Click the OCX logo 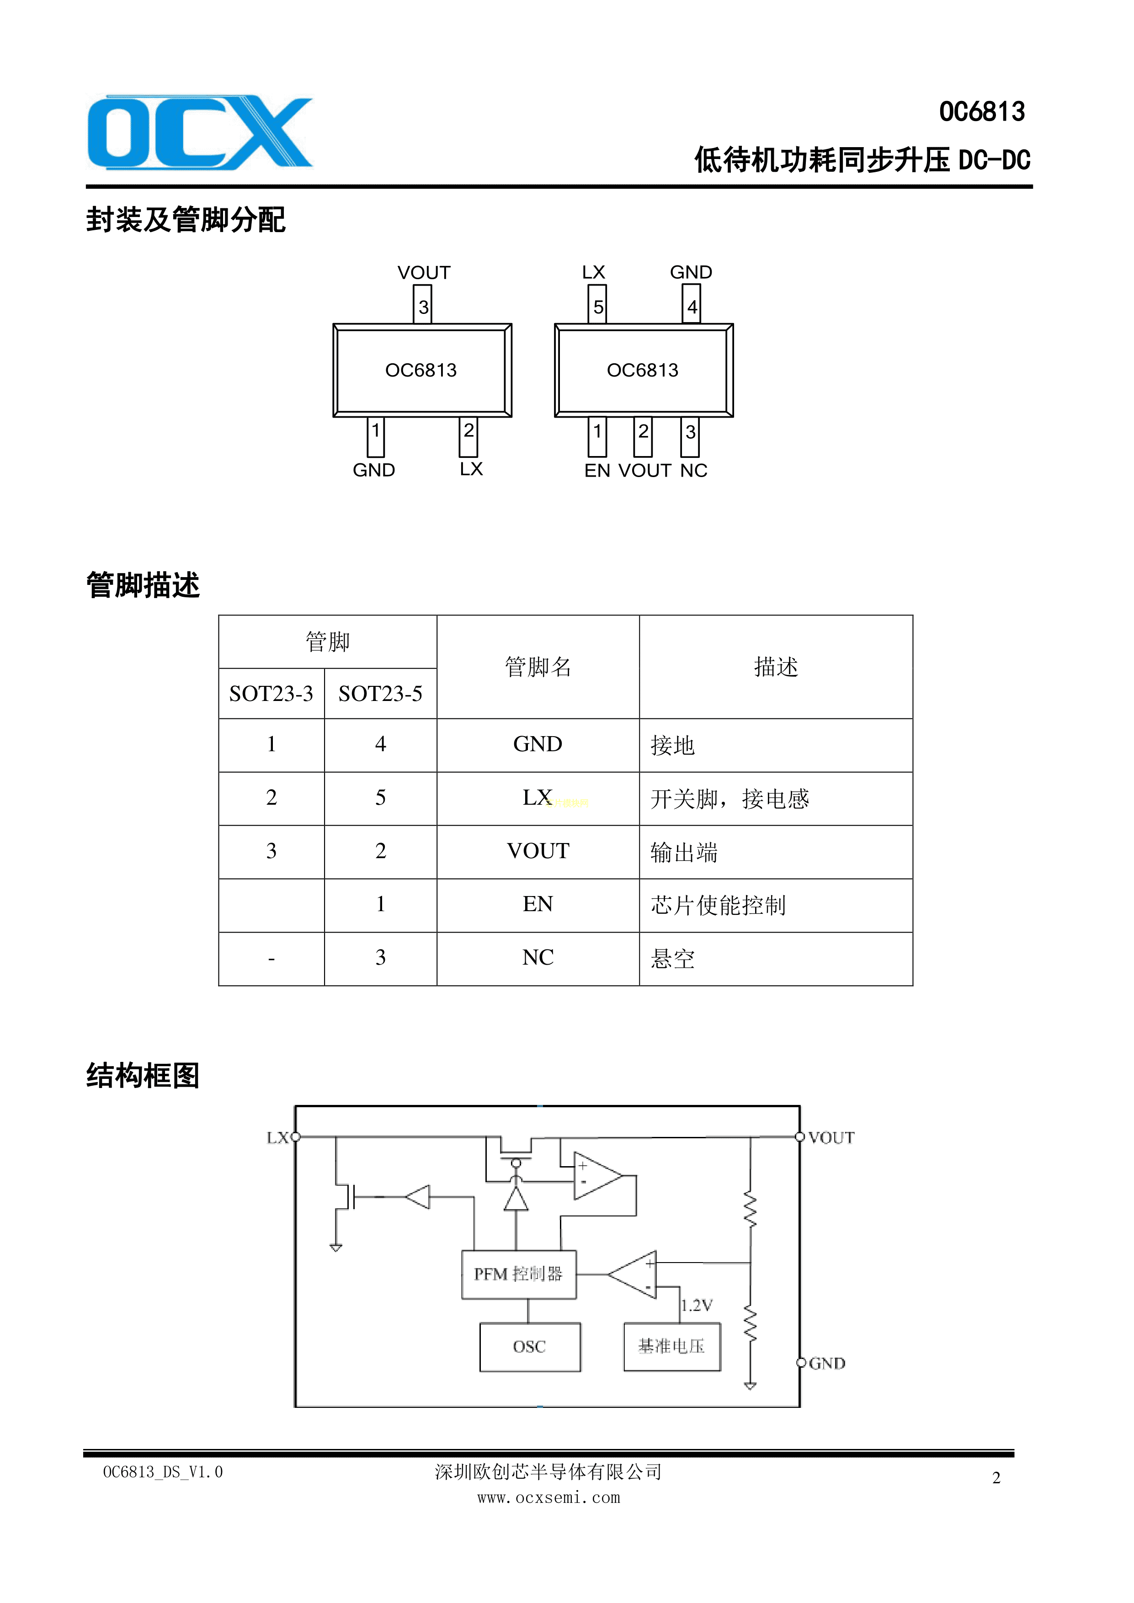[x=200, y=132]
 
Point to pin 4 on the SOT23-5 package [x=691, y=306]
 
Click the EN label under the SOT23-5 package [x=597, y=471]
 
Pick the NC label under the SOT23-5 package [x=693, y=471]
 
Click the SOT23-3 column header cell [x=271, y=693]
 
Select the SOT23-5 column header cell [x=381, y=693]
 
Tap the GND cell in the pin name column [x=538, y=744]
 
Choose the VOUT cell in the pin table [x=538, y=851]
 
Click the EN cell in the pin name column [x=538, y=904]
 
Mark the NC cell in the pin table [x=538, y=957]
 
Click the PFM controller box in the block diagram [x=519, y=1274]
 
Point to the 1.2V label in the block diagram [x=697, y=1306]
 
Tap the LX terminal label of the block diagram [x=277, y=1138]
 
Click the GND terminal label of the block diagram [x=827, y=1364]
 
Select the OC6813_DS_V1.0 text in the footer [x=163, y=1472]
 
